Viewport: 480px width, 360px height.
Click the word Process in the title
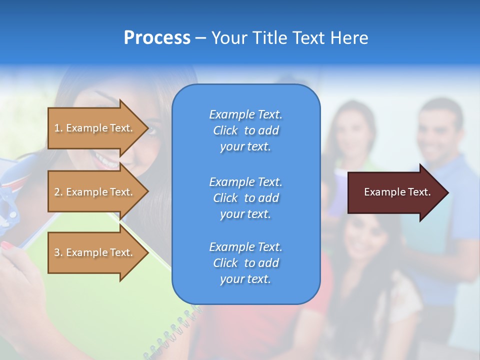pos(157,38)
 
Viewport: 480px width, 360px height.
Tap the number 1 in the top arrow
pos(57,128)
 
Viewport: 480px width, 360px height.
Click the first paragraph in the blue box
pos(245,130)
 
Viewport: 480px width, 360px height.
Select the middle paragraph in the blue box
pos(245,198)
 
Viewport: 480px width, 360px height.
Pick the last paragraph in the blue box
pos(245,263)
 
